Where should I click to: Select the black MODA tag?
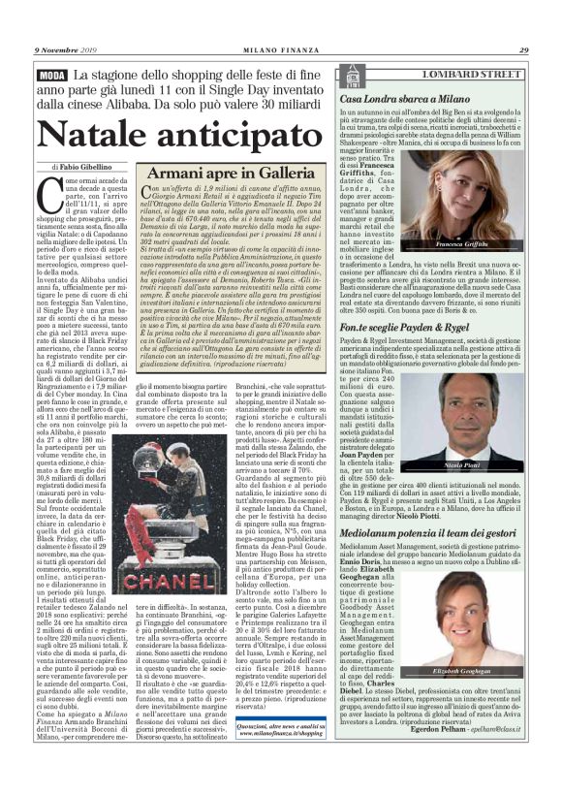pyautogui.click(x=52, y=75)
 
